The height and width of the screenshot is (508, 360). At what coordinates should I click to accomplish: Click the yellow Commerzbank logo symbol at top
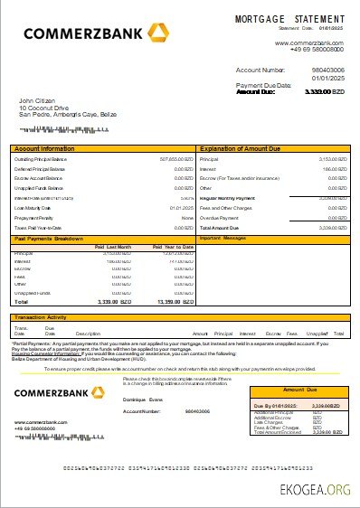tap(160, 34)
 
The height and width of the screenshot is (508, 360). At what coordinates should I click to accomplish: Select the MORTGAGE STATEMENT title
tap(289, 19)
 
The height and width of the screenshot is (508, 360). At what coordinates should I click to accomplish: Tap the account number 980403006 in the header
tap(327, 70)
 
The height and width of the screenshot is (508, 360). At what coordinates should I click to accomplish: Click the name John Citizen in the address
tap(38, 100)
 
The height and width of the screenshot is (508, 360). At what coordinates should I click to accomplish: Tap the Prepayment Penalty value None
tap(187, 218)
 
